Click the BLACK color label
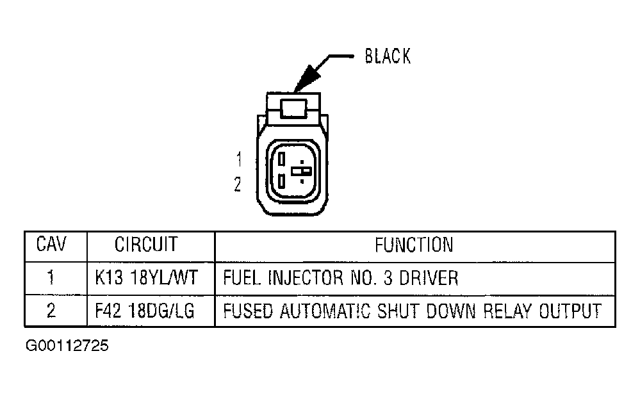click(x=388, y=56)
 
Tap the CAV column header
click(x=51, y=244)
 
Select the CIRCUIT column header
click(x=146, y=244)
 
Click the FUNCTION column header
click(x=414, y=244)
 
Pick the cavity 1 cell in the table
click(x=51, y=278)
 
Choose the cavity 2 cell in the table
click(x=51, y=311)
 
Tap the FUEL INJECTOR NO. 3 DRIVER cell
click(x=340, y=278)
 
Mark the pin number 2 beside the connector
click(x=238, y=185)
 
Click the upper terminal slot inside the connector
click(x=282, y=158)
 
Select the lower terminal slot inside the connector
click(x=282, y=181)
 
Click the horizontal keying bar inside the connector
click(x=301, y=171)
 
